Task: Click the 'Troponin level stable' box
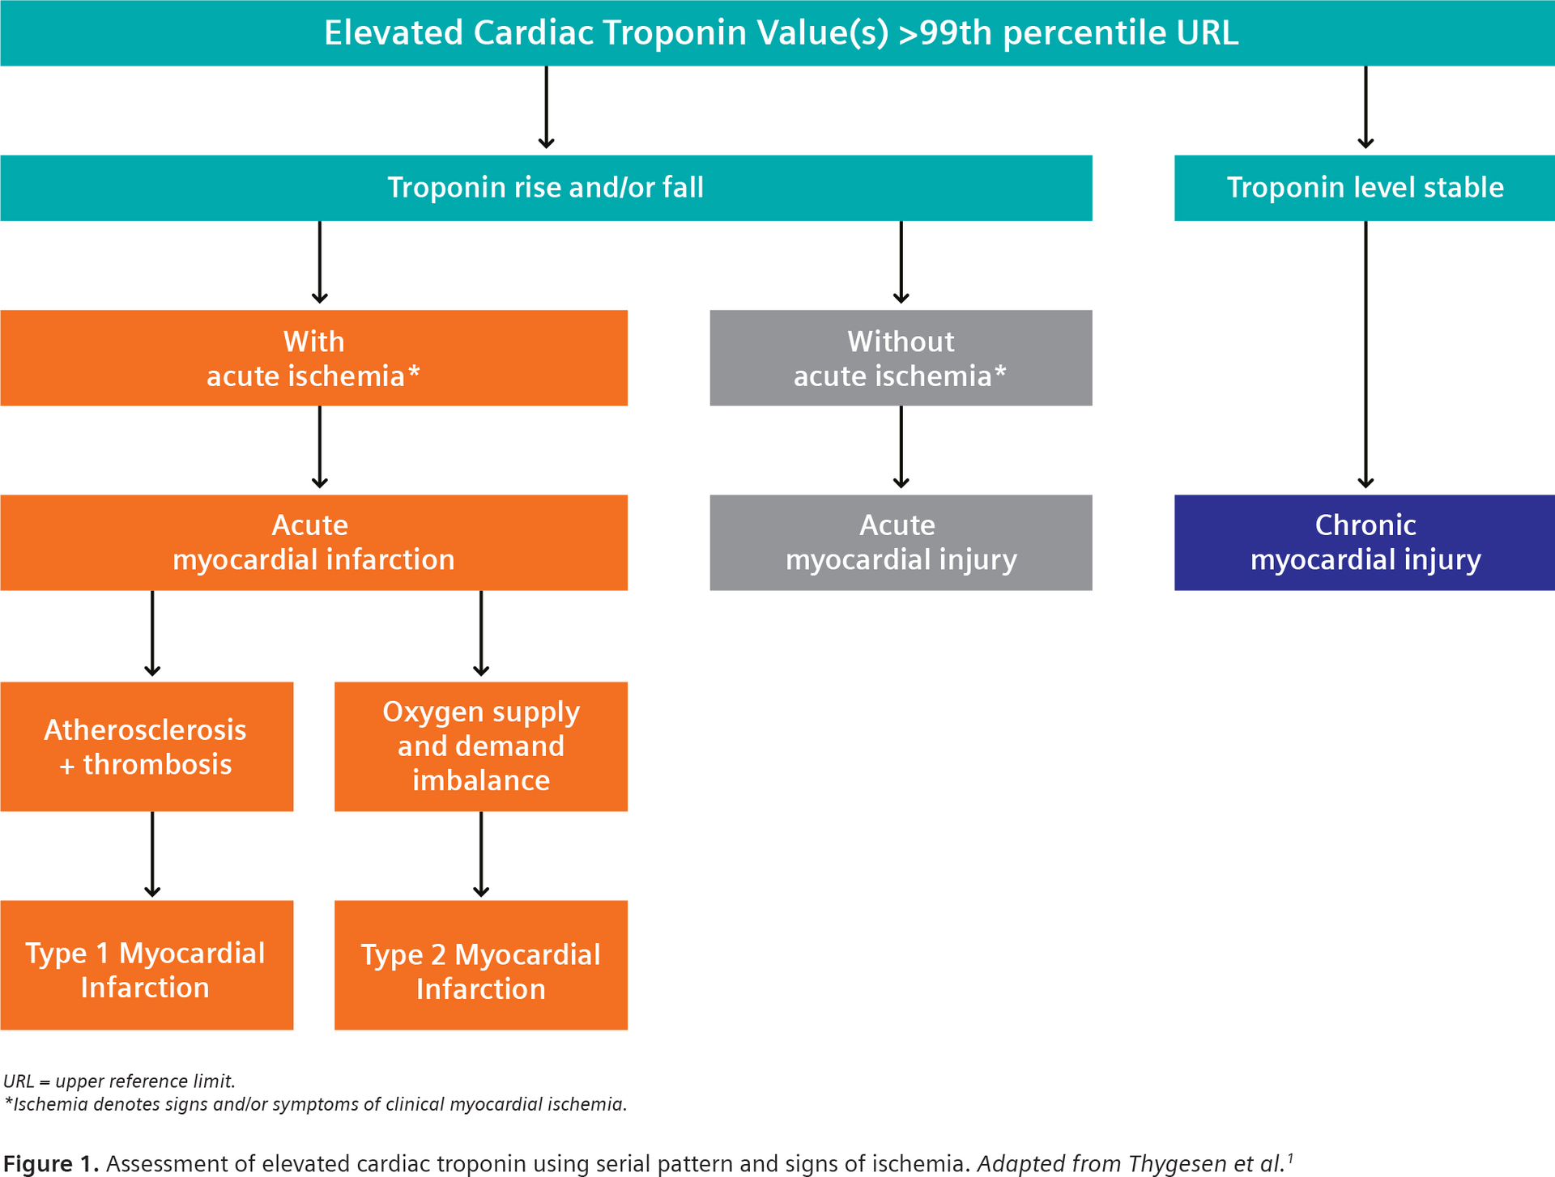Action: tap(1364, 188)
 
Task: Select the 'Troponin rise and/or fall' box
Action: tap(545, 188)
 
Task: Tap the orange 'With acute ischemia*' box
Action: tap(313, 358)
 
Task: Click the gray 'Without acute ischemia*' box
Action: tap(901, 358)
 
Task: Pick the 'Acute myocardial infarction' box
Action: tap(313, 542)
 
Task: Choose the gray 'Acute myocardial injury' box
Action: tap(901, 542)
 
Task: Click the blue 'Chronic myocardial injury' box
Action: tap(1364, 542)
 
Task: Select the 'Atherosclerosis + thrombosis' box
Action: tap(146, 746)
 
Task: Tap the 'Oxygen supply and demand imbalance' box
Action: tap(480, 746)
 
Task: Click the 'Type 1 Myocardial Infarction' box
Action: tap(146, 965)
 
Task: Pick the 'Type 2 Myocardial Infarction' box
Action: tap(480, 965)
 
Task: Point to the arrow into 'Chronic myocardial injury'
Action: tap(1365, 356)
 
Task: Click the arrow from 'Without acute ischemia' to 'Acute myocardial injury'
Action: tap(901, 449)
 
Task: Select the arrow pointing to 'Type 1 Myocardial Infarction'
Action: tap(152, 855)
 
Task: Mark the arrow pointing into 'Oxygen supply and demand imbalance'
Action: tap(481, 635)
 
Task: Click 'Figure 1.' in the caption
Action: tap(50, 1164)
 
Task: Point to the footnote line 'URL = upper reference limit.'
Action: tap(119, 1081)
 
